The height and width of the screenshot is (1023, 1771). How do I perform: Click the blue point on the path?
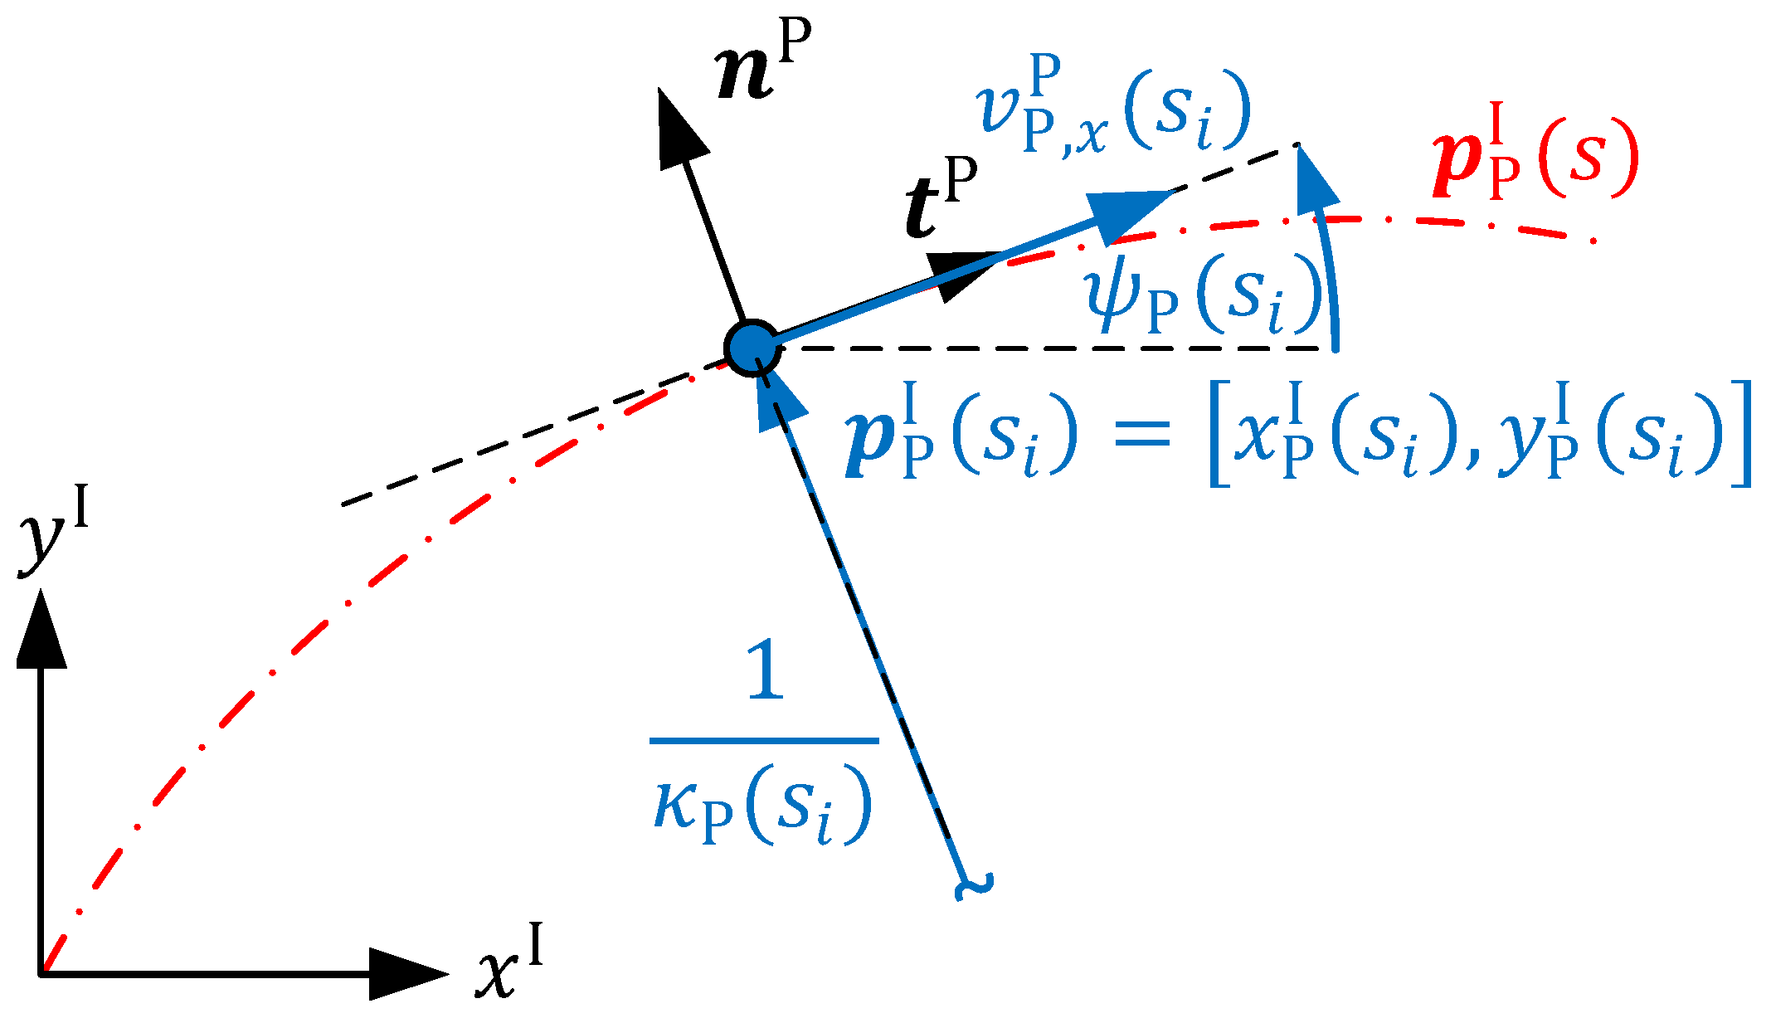[752, 348]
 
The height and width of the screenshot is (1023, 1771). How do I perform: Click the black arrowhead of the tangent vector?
[962, 275]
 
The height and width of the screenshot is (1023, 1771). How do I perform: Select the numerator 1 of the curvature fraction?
[765, 672]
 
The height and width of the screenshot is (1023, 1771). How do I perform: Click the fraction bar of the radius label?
[763, 740]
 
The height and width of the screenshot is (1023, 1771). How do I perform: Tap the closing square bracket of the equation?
[1741, 433]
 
